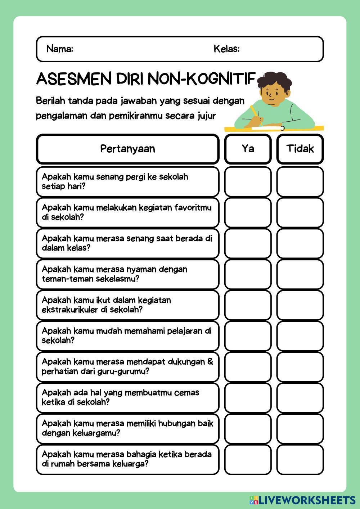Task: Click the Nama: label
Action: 60,49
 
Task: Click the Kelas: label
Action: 226,49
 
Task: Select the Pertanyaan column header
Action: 127,149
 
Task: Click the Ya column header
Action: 248,149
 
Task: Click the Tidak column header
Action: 300,149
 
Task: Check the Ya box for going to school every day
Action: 248,181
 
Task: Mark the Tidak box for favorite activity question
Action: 300,212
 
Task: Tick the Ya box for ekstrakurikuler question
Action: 248,305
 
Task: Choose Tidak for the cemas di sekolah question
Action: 300,397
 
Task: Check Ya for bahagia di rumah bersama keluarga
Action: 248,459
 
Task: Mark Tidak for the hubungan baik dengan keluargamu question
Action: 300,428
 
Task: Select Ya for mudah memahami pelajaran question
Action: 248,336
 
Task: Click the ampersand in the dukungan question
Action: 210,361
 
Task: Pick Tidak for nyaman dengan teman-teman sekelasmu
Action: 300,274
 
